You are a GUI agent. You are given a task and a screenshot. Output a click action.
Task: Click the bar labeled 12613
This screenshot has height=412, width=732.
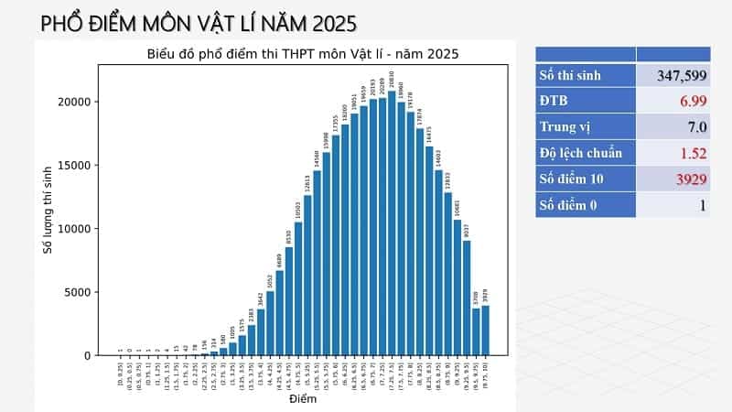click(307, 275)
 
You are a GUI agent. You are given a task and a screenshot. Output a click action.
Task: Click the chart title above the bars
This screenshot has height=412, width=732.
click(302, 54)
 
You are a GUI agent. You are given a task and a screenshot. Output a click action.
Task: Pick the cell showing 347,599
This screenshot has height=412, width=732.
click(675, 75)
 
